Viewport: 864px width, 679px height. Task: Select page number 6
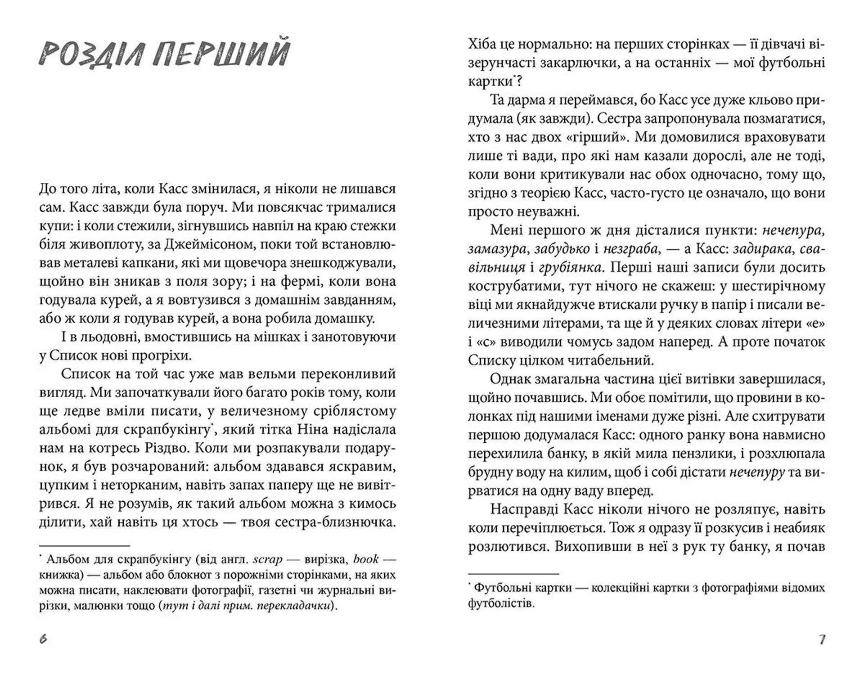pyautogui.click(x=43, y=639)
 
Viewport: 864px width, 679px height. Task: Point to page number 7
pyautogui.click(x=822, y=639)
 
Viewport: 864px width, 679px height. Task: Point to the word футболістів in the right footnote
pyautogui.click(x=500, y=603)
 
